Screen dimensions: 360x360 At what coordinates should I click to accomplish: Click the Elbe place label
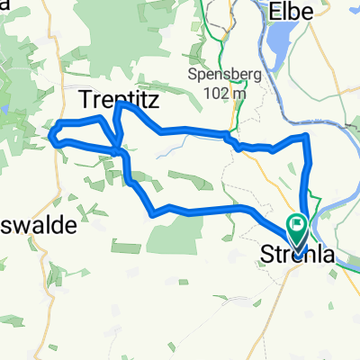tap(297, 11)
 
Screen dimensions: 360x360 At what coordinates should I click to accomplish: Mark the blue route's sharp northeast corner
tap(308, 136)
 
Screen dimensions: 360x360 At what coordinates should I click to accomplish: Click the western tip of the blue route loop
tap(51, 137)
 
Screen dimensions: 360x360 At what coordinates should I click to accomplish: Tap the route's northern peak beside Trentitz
tap(118, 105)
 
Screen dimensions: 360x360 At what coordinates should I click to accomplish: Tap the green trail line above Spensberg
tap(213, 36)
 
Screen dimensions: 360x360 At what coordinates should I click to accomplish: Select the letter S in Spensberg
tap(193, 74)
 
